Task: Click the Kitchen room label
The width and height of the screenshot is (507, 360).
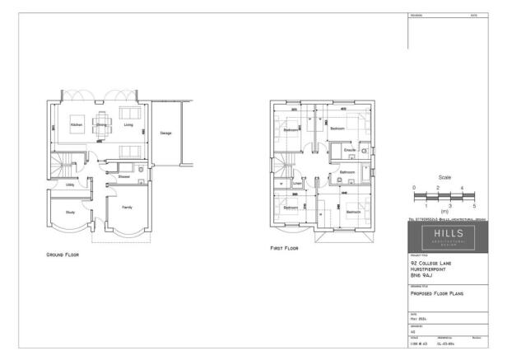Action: [x=76, y=125]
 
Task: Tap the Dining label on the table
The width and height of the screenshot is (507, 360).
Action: [x=101, y=125]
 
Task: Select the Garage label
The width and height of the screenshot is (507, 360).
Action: [x=165, y=133]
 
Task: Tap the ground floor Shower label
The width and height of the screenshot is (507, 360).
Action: [x=123, y=176]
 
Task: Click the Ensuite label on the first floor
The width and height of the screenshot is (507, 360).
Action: [x=349, y=152]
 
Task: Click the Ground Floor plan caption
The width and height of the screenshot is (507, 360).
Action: [x=63, y=255]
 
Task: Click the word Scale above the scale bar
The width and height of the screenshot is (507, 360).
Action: [x=444, y=177]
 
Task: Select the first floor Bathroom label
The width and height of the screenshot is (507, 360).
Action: [x=347, y=172]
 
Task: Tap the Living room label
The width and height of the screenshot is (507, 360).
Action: [x=128, y=125]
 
